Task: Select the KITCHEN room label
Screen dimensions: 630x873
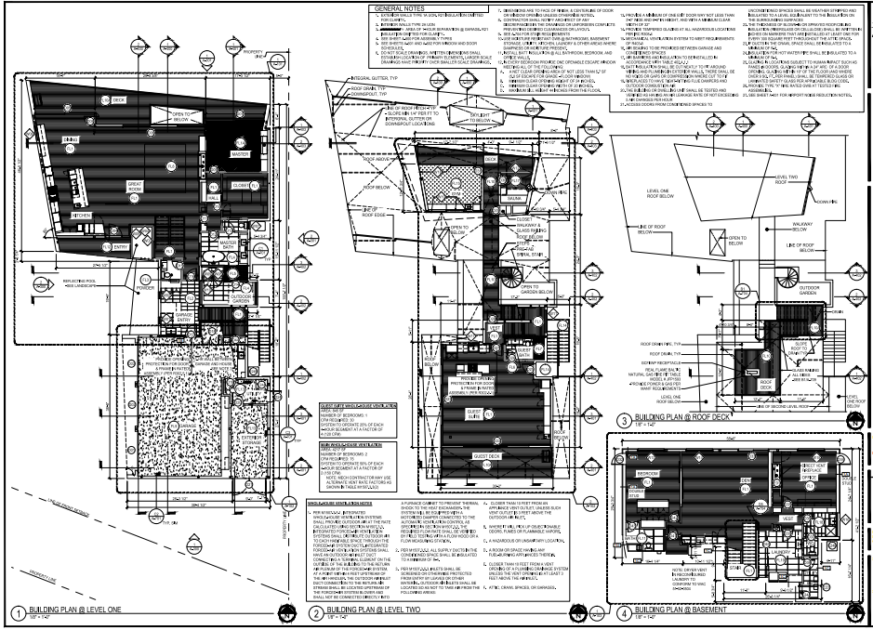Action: [x=83, y=216]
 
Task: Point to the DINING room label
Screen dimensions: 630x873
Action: [x=70, y=138]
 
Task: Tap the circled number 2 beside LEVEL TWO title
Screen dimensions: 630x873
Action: [x=316, y=614]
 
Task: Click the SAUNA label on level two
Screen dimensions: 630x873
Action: [x=512, y=198]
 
